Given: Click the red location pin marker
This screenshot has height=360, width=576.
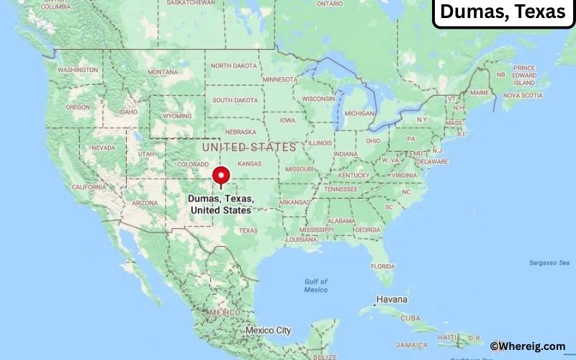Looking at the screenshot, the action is click(221, 176).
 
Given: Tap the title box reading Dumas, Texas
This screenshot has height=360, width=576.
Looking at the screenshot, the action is click(502, 12).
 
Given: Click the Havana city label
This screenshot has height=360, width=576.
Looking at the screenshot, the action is click(392, 300).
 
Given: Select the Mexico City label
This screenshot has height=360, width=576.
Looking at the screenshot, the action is click(268, 330).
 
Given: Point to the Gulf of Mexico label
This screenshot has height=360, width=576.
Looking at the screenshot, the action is click(315, 285).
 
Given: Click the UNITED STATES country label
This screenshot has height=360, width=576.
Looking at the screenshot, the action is click(249, 147).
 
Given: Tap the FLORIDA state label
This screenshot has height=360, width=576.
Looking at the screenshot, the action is click(383, 266).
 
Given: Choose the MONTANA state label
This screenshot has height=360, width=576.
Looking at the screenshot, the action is click(162, 72).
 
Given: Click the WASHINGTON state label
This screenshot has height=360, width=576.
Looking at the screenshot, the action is click(78, 70).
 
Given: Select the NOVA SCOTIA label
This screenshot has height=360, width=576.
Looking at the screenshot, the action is click(522, 95).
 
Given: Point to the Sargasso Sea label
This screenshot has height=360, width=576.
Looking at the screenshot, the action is click(549, 263).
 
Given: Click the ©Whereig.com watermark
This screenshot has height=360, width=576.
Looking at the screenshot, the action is click(528, 346).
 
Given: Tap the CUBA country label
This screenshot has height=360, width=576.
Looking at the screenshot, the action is click(410, 318).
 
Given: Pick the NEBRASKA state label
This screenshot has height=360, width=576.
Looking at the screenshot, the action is click(240, 132).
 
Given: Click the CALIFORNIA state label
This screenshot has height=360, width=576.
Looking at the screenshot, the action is click(89, 186).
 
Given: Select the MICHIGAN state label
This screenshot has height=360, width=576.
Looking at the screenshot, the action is click(359, 113).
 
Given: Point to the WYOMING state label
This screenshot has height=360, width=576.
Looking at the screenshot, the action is click(177, 116).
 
